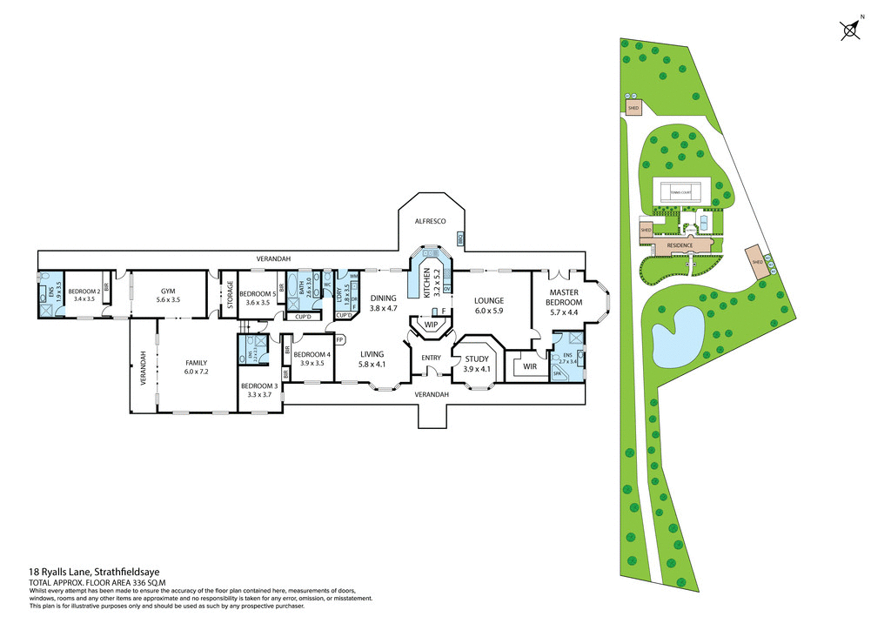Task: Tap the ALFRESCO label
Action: [430, 222]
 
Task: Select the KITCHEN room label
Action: [426, 283]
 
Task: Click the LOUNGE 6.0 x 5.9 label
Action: [489, 306]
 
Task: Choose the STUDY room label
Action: [477, 363]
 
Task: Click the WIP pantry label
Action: [431, 325]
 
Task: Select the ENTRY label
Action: [431, 358]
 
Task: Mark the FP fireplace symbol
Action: [340, 340]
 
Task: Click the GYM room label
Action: [168, 294]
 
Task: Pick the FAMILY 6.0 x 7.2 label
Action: [196, 366]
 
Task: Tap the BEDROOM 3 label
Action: [260, 390]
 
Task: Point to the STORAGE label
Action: [230, 295]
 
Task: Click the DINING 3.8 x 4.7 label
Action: [383, 303]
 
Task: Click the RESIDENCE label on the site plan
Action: [680, 245]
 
